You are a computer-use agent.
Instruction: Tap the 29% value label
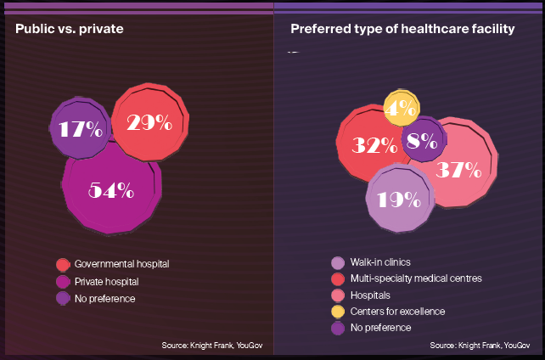(149, 122)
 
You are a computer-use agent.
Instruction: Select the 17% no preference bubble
(80, 129)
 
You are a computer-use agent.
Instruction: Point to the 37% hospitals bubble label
(459, 169)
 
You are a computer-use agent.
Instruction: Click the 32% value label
(375, 145)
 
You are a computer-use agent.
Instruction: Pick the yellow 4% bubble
(401, 108)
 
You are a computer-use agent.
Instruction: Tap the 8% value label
(422, 141)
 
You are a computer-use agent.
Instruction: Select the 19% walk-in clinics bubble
(399, 200)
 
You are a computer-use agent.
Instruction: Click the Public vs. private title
(70, 30)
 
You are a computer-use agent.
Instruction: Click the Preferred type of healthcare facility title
(402, 30)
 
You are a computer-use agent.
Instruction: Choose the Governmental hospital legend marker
(62, 264)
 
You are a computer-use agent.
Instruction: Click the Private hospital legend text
(107, 281)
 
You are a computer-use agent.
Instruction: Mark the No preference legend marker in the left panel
(62, 298)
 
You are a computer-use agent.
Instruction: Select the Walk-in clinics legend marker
(338, 262)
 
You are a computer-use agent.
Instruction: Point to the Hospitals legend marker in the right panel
(338, 295)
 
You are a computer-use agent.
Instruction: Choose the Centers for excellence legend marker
(338, 311)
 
